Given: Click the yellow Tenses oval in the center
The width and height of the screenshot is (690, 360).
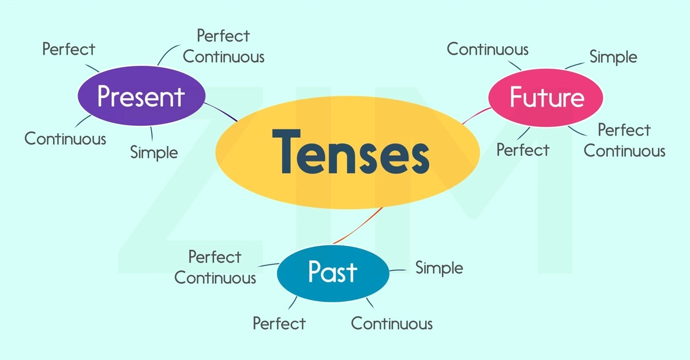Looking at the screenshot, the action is (x=348, y=152).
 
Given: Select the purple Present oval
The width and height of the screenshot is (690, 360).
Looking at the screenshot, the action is (x=141, y=96).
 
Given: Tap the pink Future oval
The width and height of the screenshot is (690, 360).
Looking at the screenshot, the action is (x=546, y=97).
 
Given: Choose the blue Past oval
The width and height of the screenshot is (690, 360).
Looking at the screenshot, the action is (x=333, y=273).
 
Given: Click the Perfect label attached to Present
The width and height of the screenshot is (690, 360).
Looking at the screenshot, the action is (x=69, y=49).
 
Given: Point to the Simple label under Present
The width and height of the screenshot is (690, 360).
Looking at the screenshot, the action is (x=154, y=152).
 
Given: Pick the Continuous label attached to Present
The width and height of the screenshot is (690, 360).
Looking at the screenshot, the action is (x=65, y=138).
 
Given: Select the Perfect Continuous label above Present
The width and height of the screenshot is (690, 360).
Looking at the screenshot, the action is (x=223, y=46).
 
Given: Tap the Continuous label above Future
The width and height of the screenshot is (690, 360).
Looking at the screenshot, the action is (x=487, y=49).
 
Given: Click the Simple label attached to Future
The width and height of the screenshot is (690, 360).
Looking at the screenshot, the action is (x=613, y=57).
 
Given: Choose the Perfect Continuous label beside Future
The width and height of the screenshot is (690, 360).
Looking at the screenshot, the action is (x=624, y=140).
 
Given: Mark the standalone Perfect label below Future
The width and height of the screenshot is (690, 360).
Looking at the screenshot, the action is (x=523, y=150).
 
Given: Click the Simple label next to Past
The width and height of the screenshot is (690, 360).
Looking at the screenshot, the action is (x=439, y=268).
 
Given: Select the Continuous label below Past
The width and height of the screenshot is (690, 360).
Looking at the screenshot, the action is (x=392, y=324).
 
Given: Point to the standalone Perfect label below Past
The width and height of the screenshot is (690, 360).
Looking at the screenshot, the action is (x=279, y=324).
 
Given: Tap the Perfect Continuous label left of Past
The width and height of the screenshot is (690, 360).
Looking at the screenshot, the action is (x=215, y=267).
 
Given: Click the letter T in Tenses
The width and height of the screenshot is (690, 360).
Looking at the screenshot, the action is (x=286, y=151).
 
